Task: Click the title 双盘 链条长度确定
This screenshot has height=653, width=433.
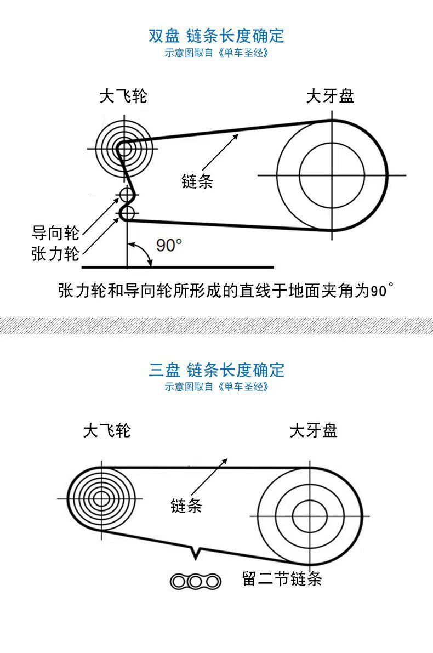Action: click(x=216, y=36)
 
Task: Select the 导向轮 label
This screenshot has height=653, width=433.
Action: click(x=55, y=232)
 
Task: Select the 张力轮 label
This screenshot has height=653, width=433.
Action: click(x=55, y=254)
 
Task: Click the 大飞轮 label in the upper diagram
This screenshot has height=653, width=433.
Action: click(x=123, y=96)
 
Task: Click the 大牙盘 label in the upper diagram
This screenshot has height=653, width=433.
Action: click(x=329, y=96)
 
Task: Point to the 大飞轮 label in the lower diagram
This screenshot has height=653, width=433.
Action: click(x=107, y=430)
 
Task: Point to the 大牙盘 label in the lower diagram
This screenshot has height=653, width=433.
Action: click(x=313, y=430)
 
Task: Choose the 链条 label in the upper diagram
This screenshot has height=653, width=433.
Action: click(x=197, y=181)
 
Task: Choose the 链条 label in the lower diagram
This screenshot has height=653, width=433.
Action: click(x=186, y=506)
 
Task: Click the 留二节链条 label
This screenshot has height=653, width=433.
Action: click(x=282, y=579)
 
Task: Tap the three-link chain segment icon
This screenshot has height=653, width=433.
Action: click(x=195, y=581)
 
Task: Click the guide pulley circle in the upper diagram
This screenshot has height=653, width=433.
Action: click(x=126, y=194)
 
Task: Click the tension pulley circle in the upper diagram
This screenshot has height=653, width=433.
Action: click(x=127, y=213)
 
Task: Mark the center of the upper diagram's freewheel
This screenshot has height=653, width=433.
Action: click(x=123, y=147)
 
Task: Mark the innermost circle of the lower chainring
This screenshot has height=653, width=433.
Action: click(x=310, y=515)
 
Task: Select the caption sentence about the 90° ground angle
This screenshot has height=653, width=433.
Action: click(x=225, y=289)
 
